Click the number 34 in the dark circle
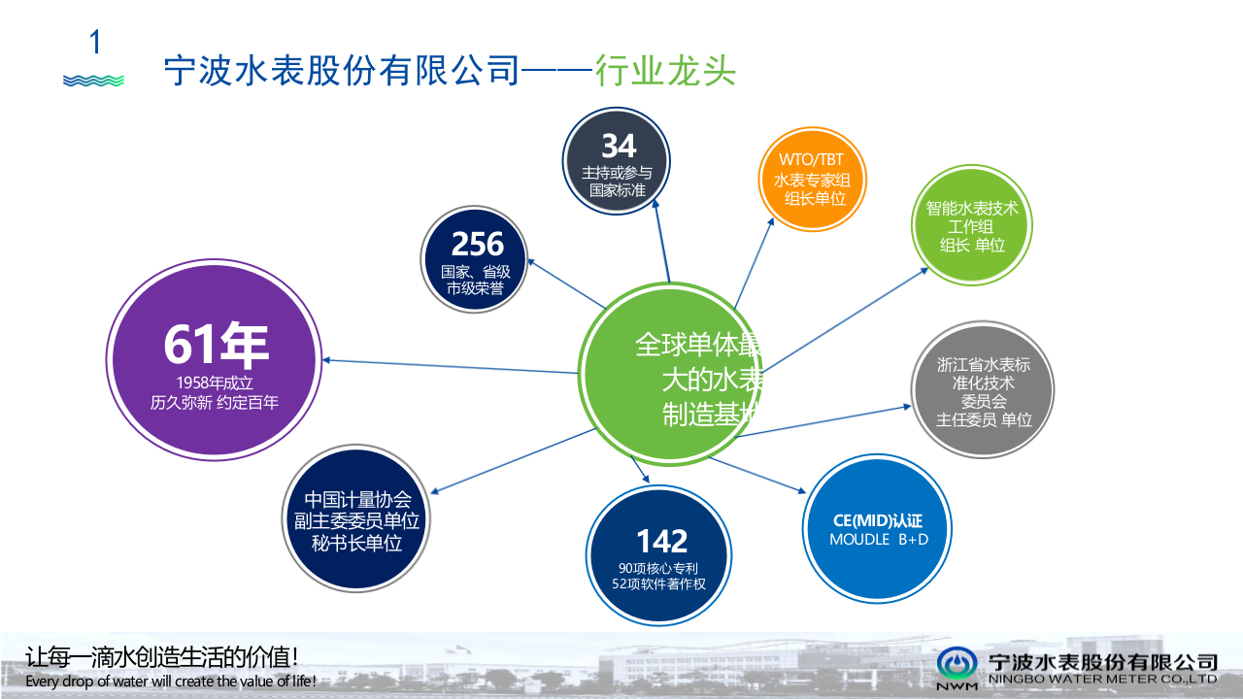618,146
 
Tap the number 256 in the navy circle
477,244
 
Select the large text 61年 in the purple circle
215,345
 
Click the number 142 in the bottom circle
661,541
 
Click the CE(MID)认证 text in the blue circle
878,520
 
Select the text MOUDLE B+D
878,539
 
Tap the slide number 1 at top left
95,43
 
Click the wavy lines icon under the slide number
93,81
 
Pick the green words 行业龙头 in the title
665,71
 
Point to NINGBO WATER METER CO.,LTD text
1102,680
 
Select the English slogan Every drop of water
171,682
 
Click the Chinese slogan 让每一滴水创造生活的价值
161,656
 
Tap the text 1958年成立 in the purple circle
215,383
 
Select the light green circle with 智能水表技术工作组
971,226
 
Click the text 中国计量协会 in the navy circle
356,500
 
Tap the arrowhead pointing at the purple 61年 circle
328,360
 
